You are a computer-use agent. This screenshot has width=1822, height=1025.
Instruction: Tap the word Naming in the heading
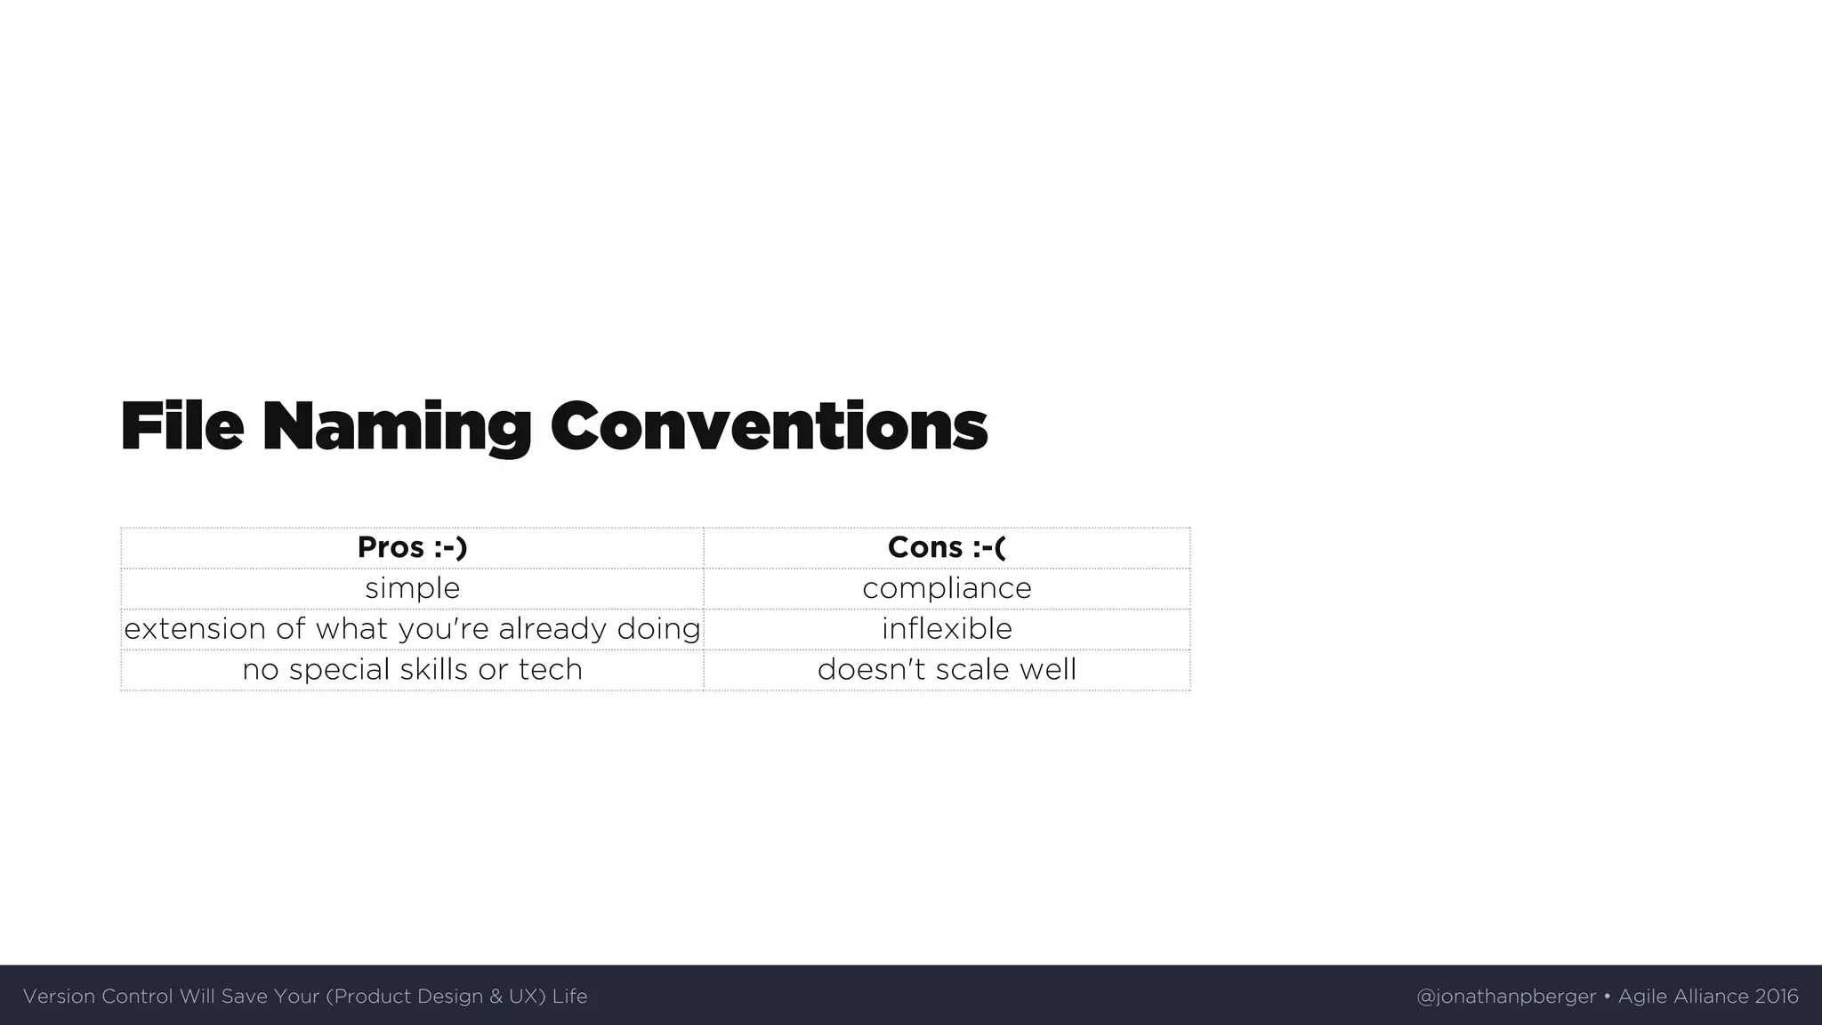pos(396,428)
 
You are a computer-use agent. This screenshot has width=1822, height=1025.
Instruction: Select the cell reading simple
pos(412,588)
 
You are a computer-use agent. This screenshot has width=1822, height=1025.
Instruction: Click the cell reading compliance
pos(947,588)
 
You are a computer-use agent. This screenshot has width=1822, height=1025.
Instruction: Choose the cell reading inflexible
pos(947,629)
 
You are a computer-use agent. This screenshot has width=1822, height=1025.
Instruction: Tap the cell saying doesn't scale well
pos(947,669)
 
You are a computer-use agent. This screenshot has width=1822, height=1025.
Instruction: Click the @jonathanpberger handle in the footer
pos(1505,997)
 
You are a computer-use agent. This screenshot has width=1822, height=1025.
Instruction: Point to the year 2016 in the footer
pos(1777,997)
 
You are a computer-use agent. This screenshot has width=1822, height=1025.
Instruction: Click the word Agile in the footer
pos(1642,997)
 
